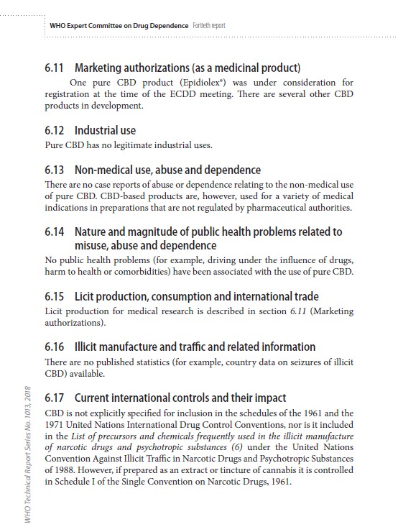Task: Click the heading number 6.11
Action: (55, 68)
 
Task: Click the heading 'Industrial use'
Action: (105, 131)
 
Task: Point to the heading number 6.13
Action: (55, 170)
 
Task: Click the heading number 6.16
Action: (55, 347)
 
